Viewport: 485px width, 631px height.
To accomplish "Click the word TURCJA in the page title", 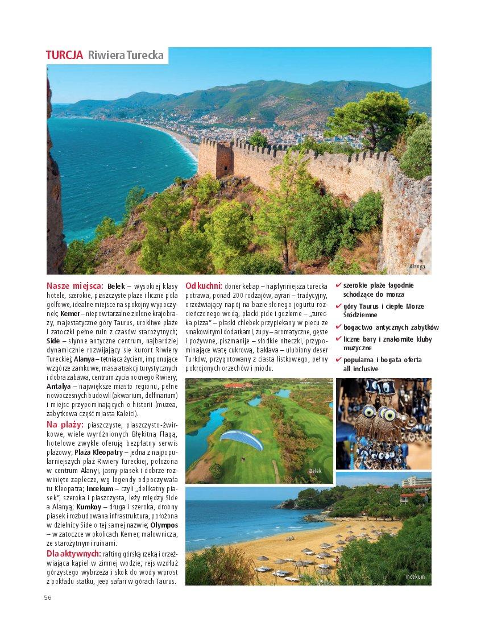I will [64, 55].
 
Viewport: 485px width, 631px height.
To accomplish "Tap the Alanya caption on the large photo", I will [417, 266].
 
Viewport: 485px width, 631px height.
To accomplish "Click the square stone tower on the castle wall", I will [215, 159].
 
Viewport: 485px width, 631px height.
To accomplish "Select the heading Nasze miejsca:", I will [74, 285].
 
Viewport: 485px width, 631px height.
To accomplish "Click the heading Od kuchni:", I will [203, 285].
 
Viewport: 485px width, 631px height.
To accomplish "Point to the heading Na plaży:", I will [65, 425].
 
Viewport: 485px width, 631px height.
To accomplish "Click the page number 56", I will [48, 597].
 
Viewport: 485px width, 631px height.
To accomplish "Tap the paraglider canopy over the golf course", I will [241, 439].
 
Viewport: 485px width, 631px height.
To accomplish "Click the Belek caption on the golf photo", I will [315, 471].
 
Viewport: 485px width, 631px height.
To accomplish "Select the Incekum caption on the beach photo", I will [414, 576].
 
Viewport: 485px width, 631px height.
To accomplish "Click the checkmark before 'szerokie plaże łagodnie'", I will [339, 285].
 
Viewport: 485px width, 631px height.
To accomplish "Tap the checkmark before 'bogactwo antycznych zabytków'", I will [339, 327].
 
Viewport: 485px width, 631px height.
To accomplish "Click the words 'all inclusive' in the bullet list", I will [360, 369].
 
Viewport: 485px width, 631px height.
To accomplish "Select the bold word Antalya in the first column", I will [59, 387].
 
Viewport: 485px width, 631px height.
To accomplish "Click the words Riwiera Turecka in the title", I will [126, 55].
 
